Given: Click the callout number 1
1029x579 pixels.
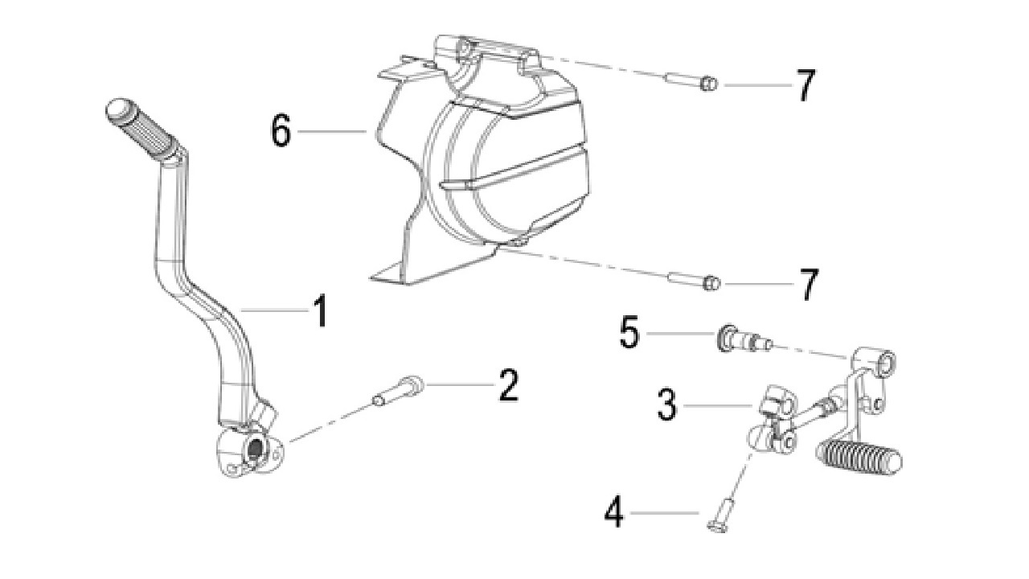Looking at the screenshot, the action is (320, 311).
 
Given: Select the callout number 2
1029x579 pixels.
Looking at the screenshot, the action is (509, 385).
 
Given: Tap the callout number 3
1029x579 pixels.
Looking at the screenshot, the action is (667, 404).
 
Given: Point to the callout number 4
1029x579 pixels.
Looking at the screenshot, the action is (614, 512).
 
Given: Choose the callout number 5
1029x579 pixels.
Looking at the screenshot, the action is (629, 332).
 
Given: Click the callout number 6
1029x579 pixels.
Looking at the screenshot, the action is (281, 130).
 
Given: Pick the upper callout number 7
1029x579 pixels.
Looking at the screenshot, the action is (806, 85).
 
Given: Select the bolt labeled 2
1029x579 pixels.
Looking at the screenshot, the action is (398, 390).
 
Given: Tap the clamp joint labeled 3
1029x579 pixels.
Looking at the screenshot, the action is (774, 419).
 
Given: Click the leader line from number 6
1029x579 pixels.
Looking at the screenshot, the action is (332, 131).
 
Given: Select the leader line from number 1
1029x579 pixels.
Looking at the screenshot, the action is (275, 310).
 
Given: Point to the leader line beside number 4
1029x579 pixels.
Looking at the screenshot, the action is (665, 512).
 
